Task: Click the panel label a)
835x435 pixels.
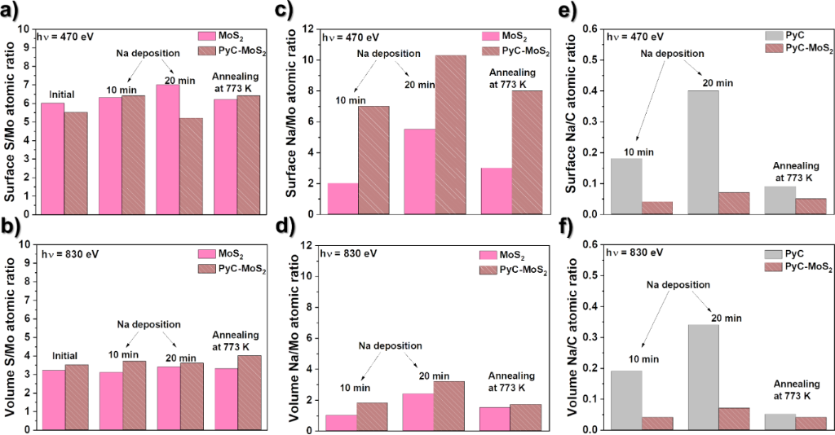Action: (x=14, y=11)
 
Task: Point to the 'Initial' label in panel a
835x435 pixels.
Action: (x=64, y=94)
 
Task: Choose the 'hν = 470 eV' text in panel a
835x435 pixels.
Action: (x=73, y=36)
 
